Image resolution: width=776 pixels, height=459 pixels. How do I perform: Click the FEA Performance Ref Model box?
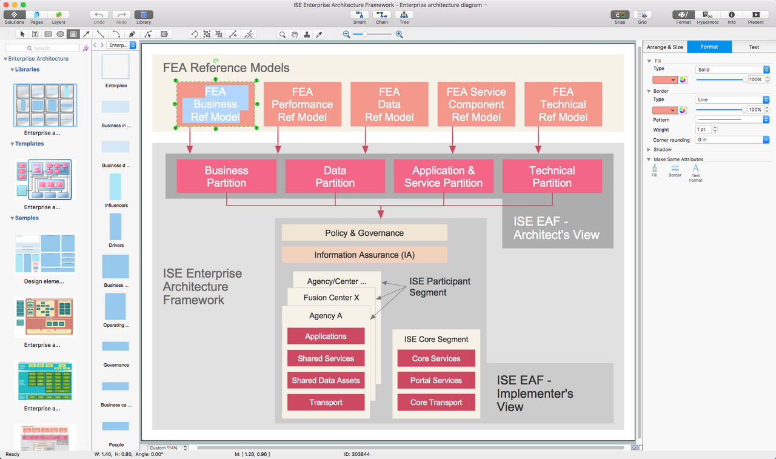pos(302,104)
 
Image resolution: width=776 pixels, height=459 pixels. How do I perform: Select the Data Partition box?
pos(335,176)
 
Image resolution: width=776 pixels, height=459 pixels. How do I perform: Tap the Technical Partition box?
pos(552,176)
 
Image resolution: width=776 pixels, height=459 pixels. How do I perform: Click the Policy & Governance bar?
pos(364,233)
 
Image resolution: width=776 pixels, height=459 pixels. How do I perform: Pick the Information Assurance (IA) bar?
pos(364,255)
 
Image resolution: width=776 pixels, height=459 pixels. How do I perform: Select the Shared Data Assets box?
pos(326,380)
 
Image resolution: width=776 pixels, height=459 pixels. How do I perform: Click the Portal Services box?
pos(436,380)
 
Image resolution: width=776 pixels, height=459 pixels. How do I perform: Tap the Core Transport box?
pos(436,402)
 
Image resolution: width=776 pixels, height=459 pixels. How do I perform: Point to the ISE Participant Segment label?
pos(440,287)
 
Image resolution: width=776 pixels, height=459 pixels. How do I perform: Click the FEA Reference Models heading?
pos(226,68)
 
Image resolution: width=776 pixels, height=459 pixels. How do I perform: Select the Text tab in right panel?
pos(754,47)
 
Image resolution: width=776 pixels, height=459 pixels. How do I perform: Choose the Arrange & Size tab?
pos(664,47)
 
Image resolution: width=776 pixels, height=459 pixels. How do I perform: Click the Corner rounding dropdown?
pos(732,139)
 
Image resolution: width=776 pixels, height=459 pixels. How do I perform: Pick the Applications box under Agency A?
pos(326,337)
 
